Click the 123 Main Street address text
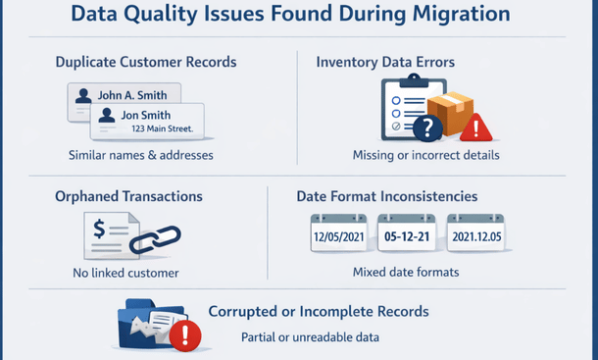[x=156, y=129]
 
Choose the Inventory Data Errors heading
[x=385, y=62]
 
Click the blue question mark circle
[x=427, y=128]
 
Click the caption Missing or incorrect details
[x=425, y=155]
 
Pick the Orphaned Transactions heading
[x=129, y=196]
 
